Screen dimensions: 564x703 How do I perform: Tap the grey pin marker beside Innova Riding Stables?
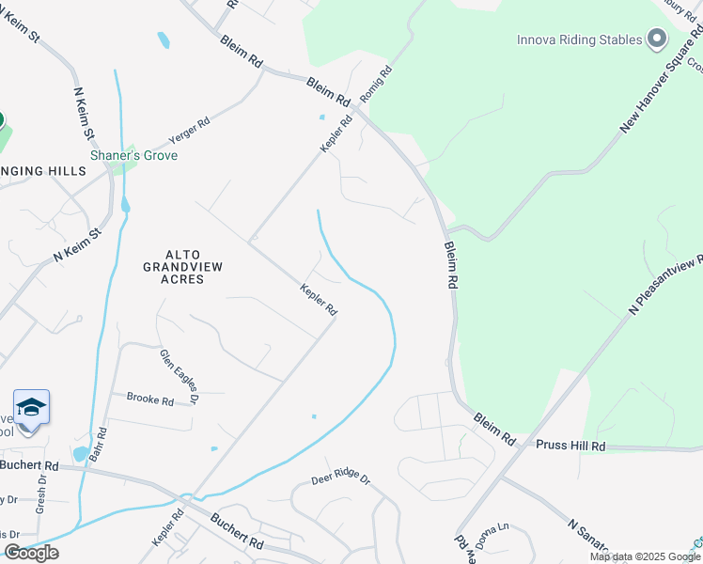tap(657, 39)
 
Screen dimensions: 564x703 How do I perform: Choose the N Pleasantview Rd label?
tap(666, 283)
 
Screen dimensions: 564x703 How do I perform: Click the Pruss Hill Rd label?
tap(571, 446)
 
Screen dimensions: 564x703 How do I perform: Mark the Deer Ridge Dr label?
tap(341, 479)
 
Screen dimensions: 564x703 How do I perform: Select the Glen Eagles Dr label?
tap(180, 373)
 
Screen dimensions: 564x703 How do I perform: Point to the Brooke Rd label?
tap(150, 399)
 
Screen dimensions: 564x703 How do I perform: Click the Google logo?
tap(31, 553)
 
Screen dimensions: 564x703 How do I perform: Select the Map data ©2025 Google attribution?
tap(645, 556)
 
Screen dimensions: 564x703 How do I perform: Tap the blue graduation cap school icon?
tap(31, 407)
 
